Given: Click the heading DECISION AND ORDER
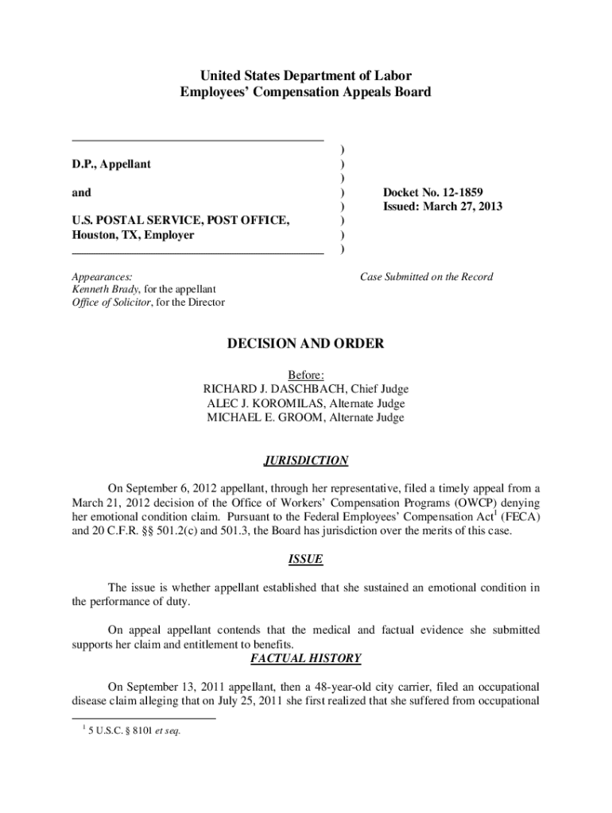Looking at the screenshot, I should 306,344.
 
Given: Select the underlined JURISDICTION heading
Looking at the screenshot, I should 306,460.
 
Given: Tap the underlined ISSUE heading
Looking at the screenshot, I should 306,559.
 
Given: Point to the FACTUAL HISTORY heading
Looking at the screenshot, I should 306,658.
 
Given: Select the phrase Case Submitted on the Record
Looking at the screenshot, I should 426,277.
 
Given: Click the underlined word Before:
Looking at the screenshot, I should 306,375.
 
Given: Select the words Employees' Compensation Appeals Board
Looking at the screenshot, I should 306,92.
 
